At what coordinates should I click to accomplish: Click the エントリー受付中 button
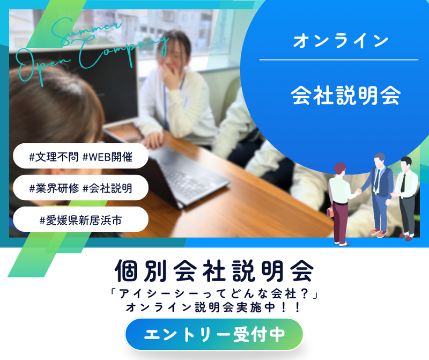pos(214,334)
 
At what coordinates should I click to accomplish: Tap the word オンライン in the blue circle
pos(341,41)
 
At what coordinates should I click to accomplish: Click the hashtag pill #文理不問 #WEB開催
pos(80,157)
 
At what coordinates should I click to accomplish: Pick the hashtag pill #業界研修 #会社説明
pos(80,188)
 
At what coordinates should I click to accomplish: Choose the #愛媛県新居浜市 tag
pos(80,219)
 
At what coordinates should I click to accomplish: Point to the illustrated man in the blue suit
pos(380,193)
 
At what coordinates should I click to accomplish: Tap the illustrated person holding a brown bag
pos(341,204)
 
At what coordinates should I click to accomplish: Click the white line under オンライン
pos(338,60)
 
